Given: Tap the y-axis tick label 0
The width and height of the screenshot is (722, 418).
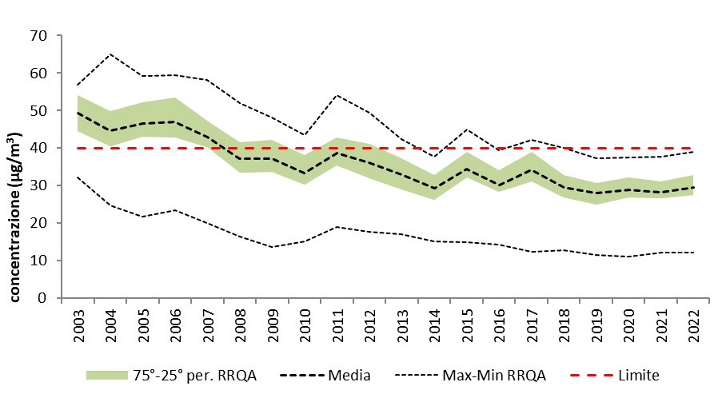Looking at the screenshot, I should click(43, 298).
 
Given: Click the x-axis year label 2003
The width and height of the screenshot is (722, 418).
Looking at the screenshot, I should click(78, 321).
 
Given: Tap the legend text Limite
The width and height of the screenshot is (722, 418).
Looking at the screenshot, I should click(637, 375).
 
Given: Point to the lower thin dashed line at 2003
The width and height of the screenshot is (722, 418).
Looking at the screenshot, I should click(78, 177).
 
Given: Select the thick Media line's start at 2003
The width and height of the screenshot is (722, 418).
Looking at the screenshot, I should click(78, 113).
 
